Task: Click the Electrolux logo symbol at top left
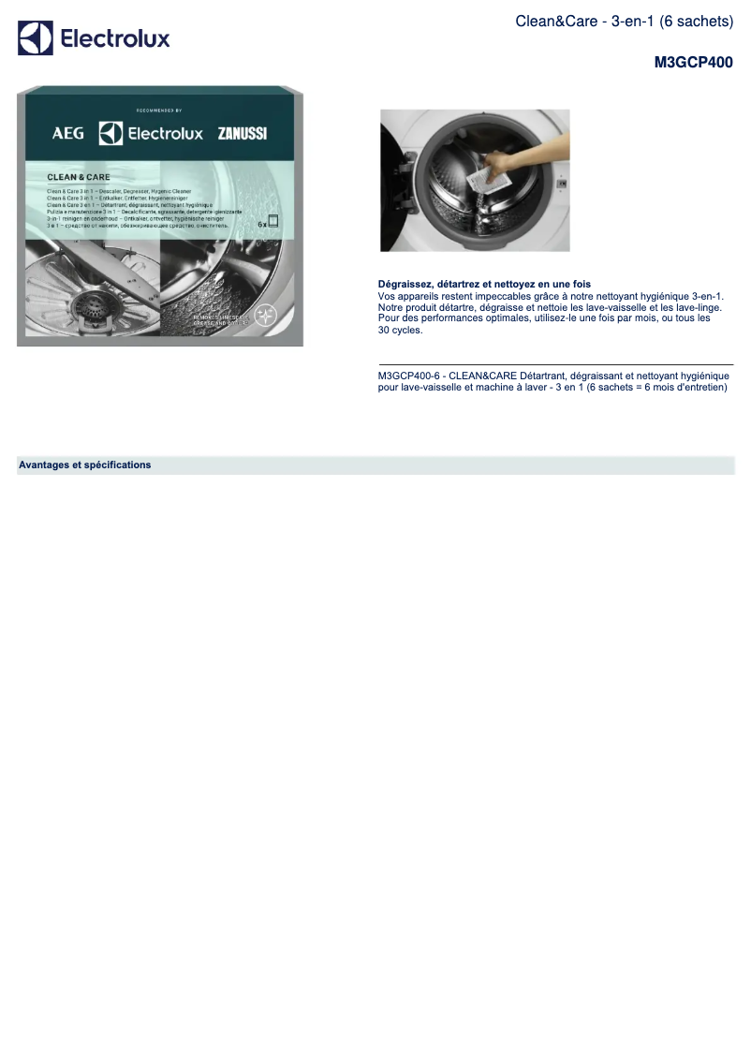(36, 38)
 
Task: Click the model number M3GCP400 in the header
(693, 64)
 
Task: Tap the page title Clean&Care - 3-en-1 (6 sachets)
(624, 21)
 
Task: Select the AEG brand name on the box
(67, 134)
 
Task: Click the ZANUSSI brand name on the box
(242, 134)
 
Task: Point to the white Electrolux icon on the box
(111, 133)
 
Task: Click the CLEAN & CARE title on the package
(79, 177)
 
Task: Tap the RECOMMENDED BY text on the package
(158, 111)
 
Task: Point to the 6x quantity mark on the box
(264, 225)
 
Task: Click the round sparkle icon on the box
(267, 314)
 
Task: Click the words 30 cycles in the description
(400, 330)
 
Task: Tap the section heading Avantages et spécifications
(84, 465)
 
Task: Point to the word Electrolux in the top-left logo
(115, 38)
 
